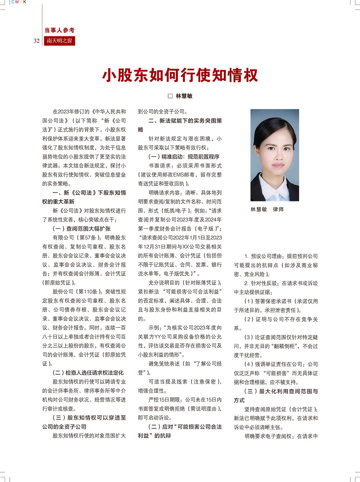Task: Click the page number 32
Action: pos(36,41)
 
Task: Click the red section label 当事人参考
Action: pos(59,30)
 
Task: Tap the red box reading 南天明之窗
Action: pos(59,41)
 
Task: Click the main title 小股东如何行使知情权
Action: pos(180,75)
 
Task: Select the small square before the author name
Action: pos(170,96)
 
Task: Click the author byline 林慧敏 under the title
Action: pos(184,96)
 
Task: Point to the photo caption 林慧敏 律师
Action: pos(267,209)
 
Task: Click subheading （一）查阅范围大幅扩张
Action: pos(82,229)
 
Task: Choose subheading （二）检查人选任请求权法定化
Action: pos(88,373)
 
